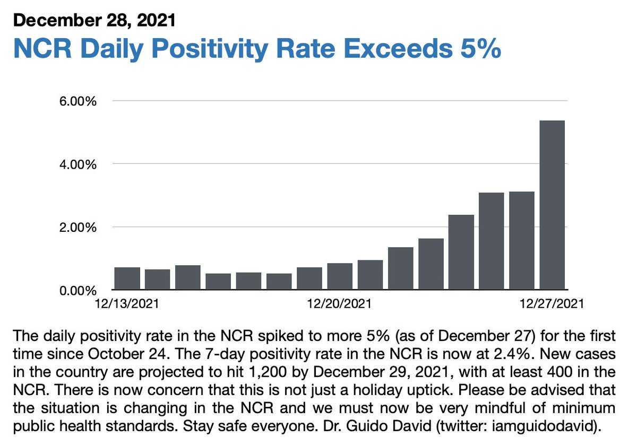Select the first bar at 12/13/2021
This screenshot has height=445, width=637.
click(127, 278)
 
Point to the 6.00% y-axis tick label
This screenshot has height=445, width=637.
click(78, 101)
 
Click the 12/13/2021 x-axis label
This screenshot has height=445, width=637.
click(127, 304)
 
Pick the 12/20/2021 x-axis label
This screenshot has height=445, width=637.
click(340, 304)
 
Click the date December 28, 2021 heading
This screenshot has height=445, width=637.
click(93, 20)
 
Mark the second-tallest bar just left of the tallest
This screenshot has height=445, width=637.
click(521, 240)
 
